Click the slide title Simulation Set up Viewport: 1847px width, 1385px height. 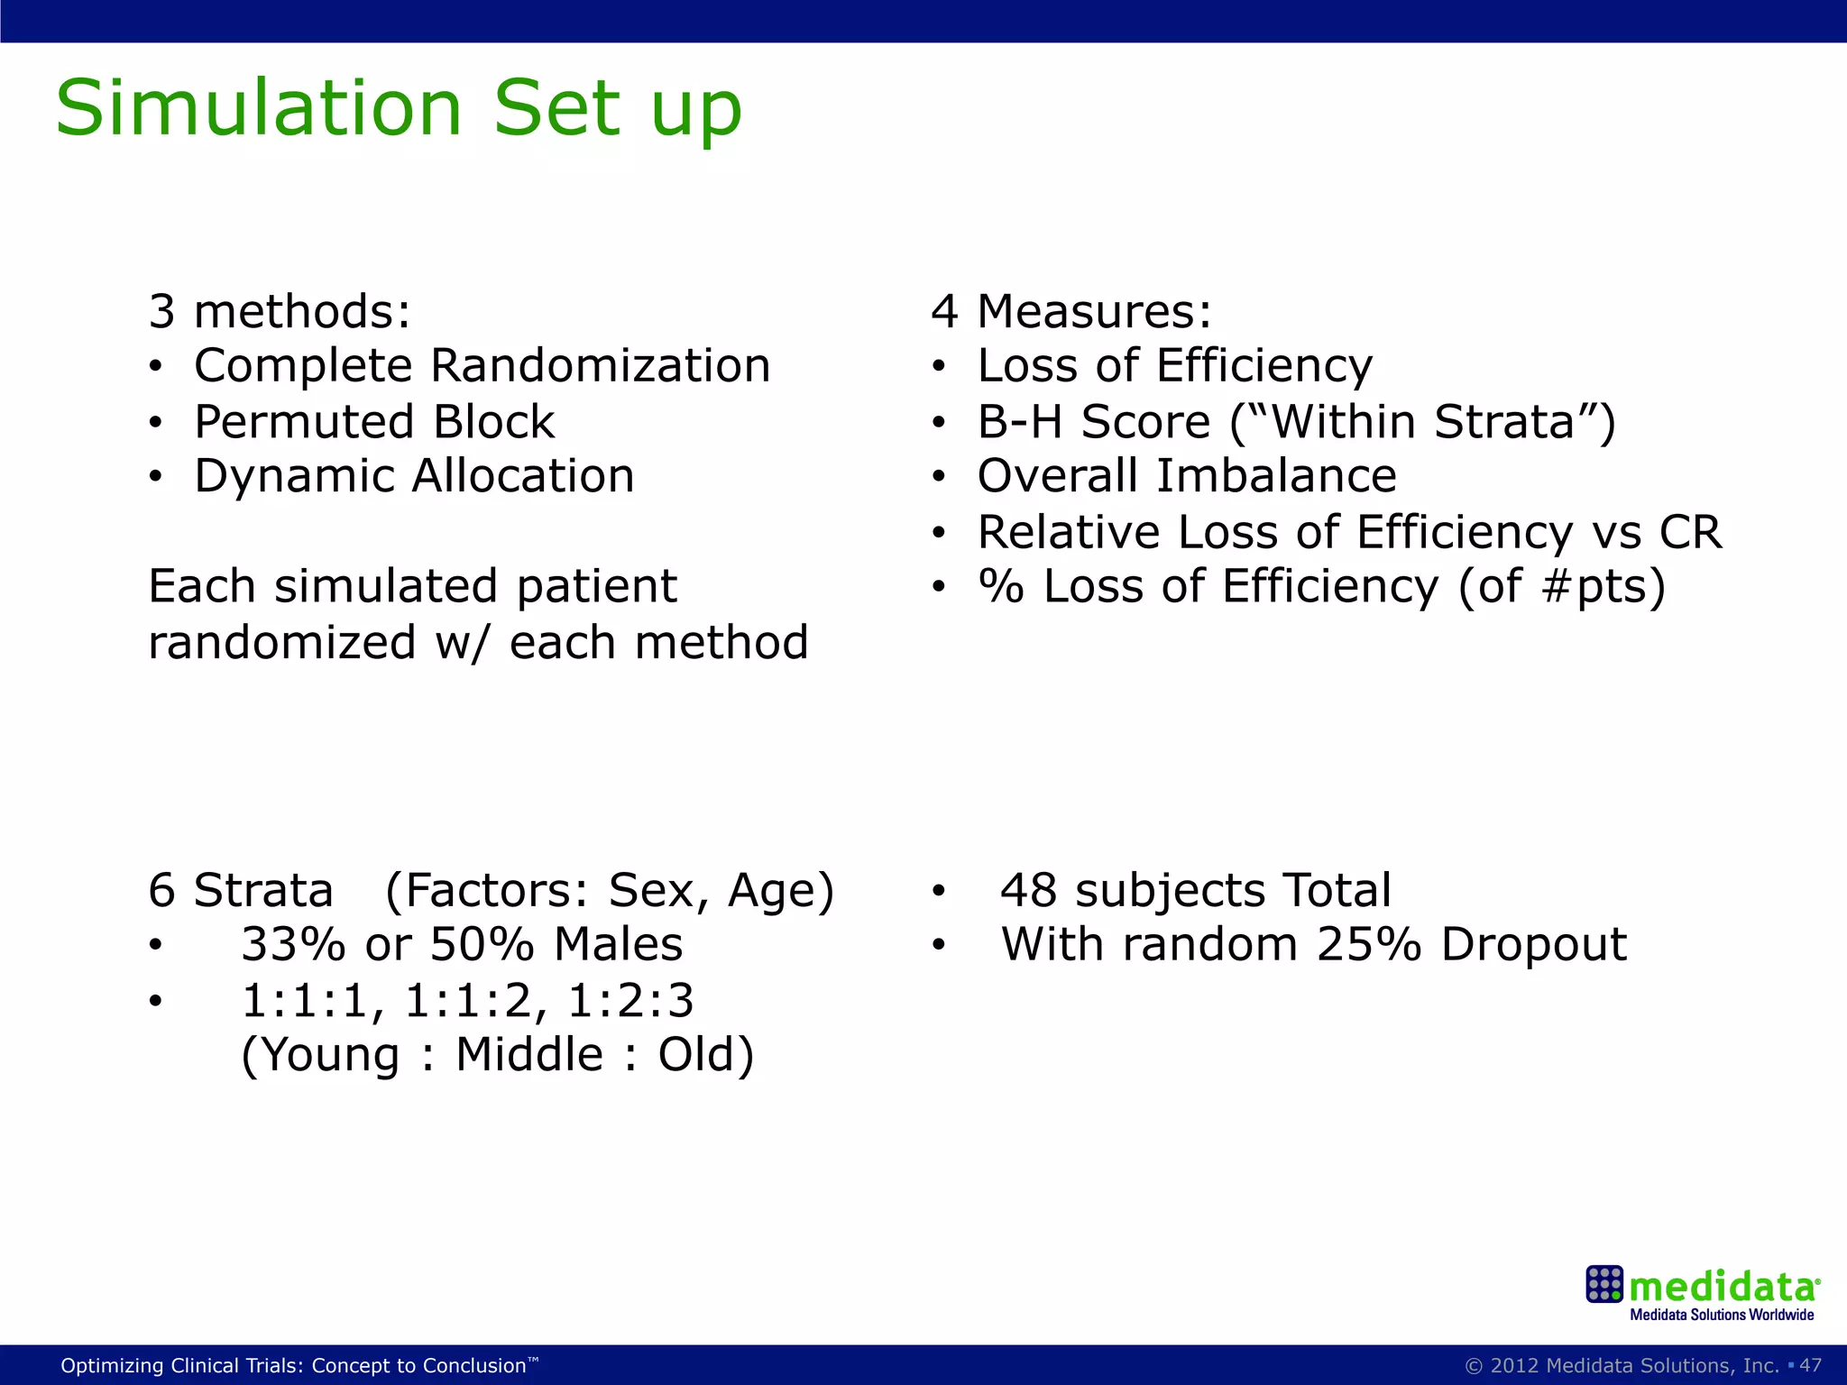coord(398,109)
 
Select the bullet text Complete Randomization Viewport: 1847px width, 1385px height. coord(482,366)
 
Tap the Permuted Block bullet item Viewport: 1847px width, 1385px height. coord(374,422)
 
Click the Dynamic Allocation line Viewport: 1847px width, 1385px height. coord(414,476)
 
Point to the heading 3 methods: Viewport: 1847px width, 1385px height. coord(280,311)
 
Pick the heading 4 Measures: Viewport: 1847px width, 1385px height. coord(1071,311)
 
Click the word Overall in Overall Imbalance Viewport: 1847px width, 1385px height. coord(1058,476)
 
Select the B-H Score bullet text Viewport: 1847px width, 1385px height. coord(1296,422)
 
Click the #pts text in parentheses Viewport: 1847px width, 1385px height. coord(1594,587)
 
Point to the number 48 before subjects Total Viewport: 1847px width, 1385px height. coord(1028,891)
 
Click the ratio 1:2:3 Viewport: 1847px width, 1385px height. coord(630,1001)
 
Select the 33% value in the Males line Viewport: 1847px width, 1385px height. coord(293,945)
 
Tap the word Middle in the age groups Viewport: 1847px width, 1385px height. coord(529,1055)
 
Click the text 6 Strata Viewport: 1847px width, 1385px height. coord(241,891)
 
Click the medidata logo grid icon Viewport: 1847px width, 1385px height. coord(1603,1284)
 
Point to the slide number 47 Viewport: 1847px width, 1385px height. coord(1810,1365)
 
